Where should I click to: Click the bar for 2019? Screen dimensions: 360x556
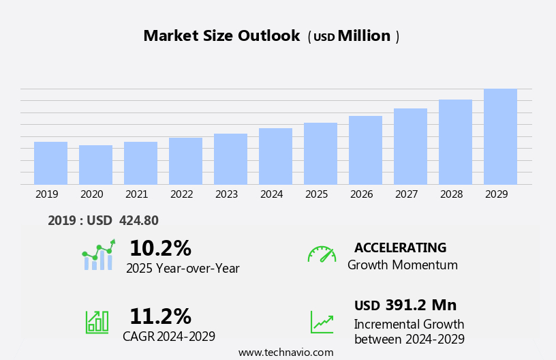coord(50,163)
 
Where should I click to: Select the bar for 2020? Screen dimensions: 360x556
coord(95,165)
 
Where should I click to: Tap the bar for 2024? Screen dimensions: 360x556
coord(275,156)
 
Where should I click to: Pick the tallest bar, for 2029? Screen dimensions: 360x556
coord(500,136)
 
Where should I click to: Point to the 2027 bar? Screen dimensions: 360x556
coord(410,147)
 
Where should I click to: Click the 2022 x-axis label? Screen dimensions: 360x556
coord(181,194)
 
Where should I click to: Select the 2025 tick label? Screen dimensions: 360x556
coord(316,194)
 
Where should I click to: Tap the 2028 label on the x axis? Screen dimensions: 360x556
coord(451,194)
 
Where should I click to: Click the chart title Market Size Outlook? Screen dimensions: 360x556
coord(221,36)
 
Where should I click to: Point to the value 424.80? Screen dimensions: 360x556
coord(138,220)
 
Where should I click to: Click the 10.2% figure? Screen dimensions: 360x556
coord(160,248)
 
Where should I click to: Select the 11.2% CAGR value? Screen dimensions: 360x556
coord(160,316)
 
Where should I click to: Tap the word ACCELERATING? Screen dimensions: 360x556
coord(400,247)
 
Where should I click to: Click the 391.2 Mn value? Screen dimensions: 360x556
coord(420,305)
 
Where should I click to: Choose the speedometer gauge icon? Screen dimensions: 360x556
coord(322,254)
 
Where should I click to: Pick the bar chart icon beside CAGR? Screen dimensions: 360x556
coord(97,321)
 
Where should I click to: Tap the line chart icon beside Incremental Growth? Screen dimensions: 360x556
coord(322,322)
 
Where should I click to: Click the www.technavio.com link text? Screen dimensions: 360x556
coord(285,352)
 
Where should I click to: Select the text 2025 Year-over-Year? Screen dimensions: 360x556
coord(183,269)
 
